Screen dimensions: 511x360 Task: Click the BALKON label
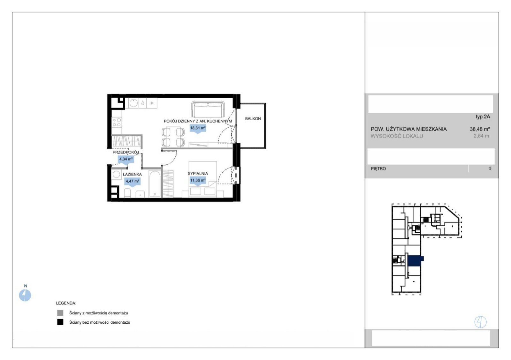pos(253,118)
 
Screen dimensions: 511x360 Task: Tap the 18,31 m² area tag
pos(198,128)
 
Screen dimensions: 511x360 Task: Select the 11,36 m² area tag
pos(198,180)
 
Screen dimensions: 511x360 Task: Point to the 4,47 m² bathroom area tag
pos(132,181)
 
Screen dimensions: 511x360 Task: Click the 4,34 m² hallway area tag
pos(126,159)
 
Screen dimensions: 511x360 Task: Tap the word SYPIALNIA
pos(198,174)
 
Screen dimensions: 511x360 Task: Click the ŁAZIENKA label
pos(132,174)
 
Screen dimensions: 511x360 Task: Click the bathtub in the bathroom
pos(155,184)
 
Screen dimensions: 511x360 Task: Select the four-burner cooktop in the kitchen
pos(117,122)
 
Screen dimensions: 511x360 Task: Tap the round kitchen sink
pos(133,103)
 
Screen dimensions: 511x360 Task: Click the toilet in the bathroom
pos(127,193)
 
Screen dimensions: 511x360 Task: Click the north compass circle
pos(25,295)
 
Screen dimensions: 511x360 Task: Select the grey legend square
pos(60,313)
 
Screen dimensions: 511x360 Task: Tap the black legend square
pos(60,322)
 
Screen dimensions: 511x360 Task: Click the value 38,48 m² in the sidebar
pos(480,129)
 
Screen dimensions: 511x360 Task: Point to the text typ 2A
pos(483,116)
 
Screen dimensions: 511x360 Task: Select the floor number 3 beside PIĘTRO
pos(490,169)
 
